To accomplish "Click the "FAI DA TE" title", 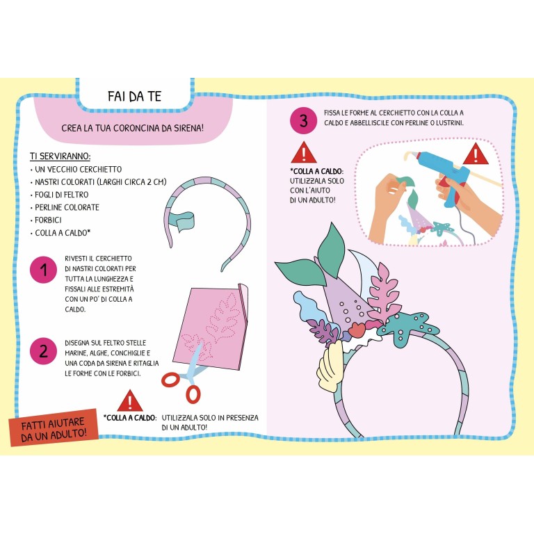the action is (134, 97).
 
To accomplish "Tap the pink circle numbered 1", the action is (43, 270).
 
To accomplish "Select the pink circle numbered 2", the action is (43, 351).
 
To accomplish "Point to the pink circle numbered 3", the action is (303, 120).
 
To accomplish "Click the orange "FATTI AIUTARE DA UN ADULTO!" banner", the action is (54, 428).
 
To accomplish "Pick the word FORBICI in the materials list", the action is (48, 220).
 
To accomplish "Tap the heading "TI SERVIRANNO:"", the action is (60, 156).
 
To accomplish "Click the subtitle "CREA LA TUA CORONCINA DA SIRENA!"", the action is (133, 128).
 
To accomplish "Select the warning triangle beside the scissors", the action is (130, 400).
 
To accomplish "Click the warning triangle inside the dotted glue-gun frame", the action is (476, 154).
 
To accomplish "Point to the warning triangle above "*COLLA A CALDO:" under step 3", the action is (304, 152).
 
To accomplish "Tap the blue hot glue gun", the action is (443, 174).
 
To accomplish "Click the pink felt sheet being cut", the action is (210, 326).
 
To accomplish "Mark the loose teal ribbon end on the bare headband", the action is (182, 220).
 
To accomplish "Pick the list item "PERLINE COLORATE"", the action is (67, 207).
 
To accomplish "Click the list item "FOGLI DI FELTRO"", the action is (61, 195).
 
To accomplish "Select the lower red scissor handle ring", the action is (193, 394).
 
